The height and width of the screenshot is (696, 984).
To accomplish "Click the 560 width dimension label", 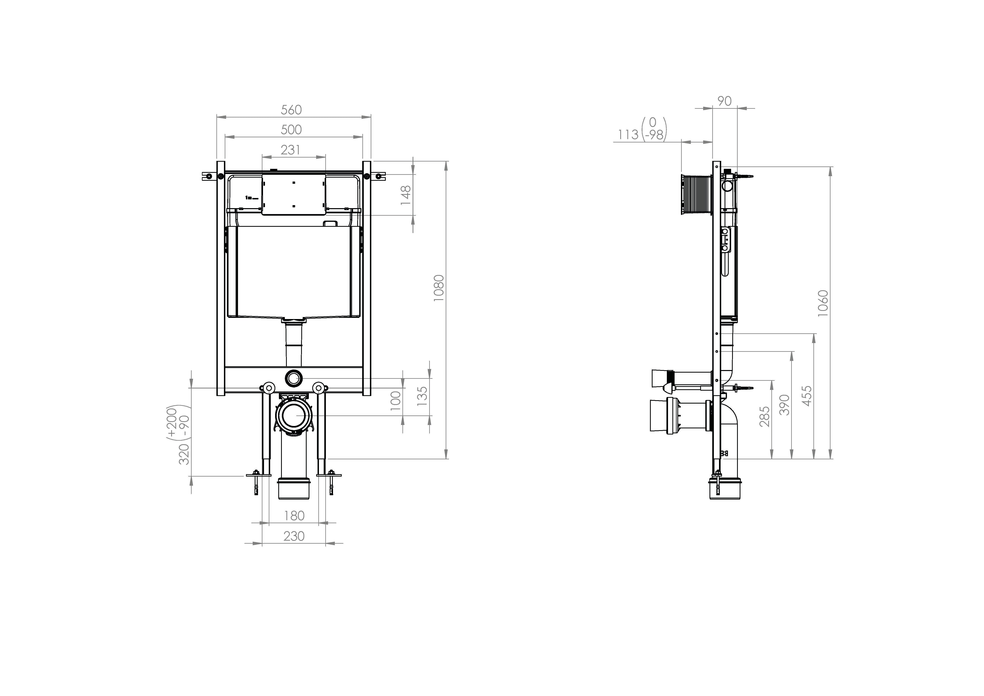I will click(x=291, y=110).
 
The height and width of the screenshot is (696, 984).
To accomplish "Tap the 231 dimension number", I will click(x=291, y=150).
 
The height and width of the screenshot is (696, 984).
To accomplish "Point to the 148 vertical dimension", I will click(x=405, y=195).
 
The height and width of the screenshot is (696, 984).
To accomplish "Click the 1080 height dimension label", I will click(x=439, y=288).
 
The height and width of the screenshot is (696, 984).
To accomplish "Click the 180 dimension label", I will click(x=294, y=516).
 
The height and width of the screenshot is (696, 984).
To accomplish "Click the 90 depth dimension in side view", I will click(x=724, y=101).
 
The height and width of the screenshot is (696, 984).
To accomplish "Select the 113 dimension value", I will click(x=628, y=135).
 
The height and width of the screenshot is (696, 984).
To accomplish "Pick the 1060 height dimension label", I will click(x=823, y=303).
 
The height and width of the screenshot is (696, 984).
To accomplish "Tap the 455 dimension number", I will click(x=806, y=396).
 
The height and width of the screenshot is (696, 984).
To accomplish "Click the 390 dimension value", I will click(x=784, y=405).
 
